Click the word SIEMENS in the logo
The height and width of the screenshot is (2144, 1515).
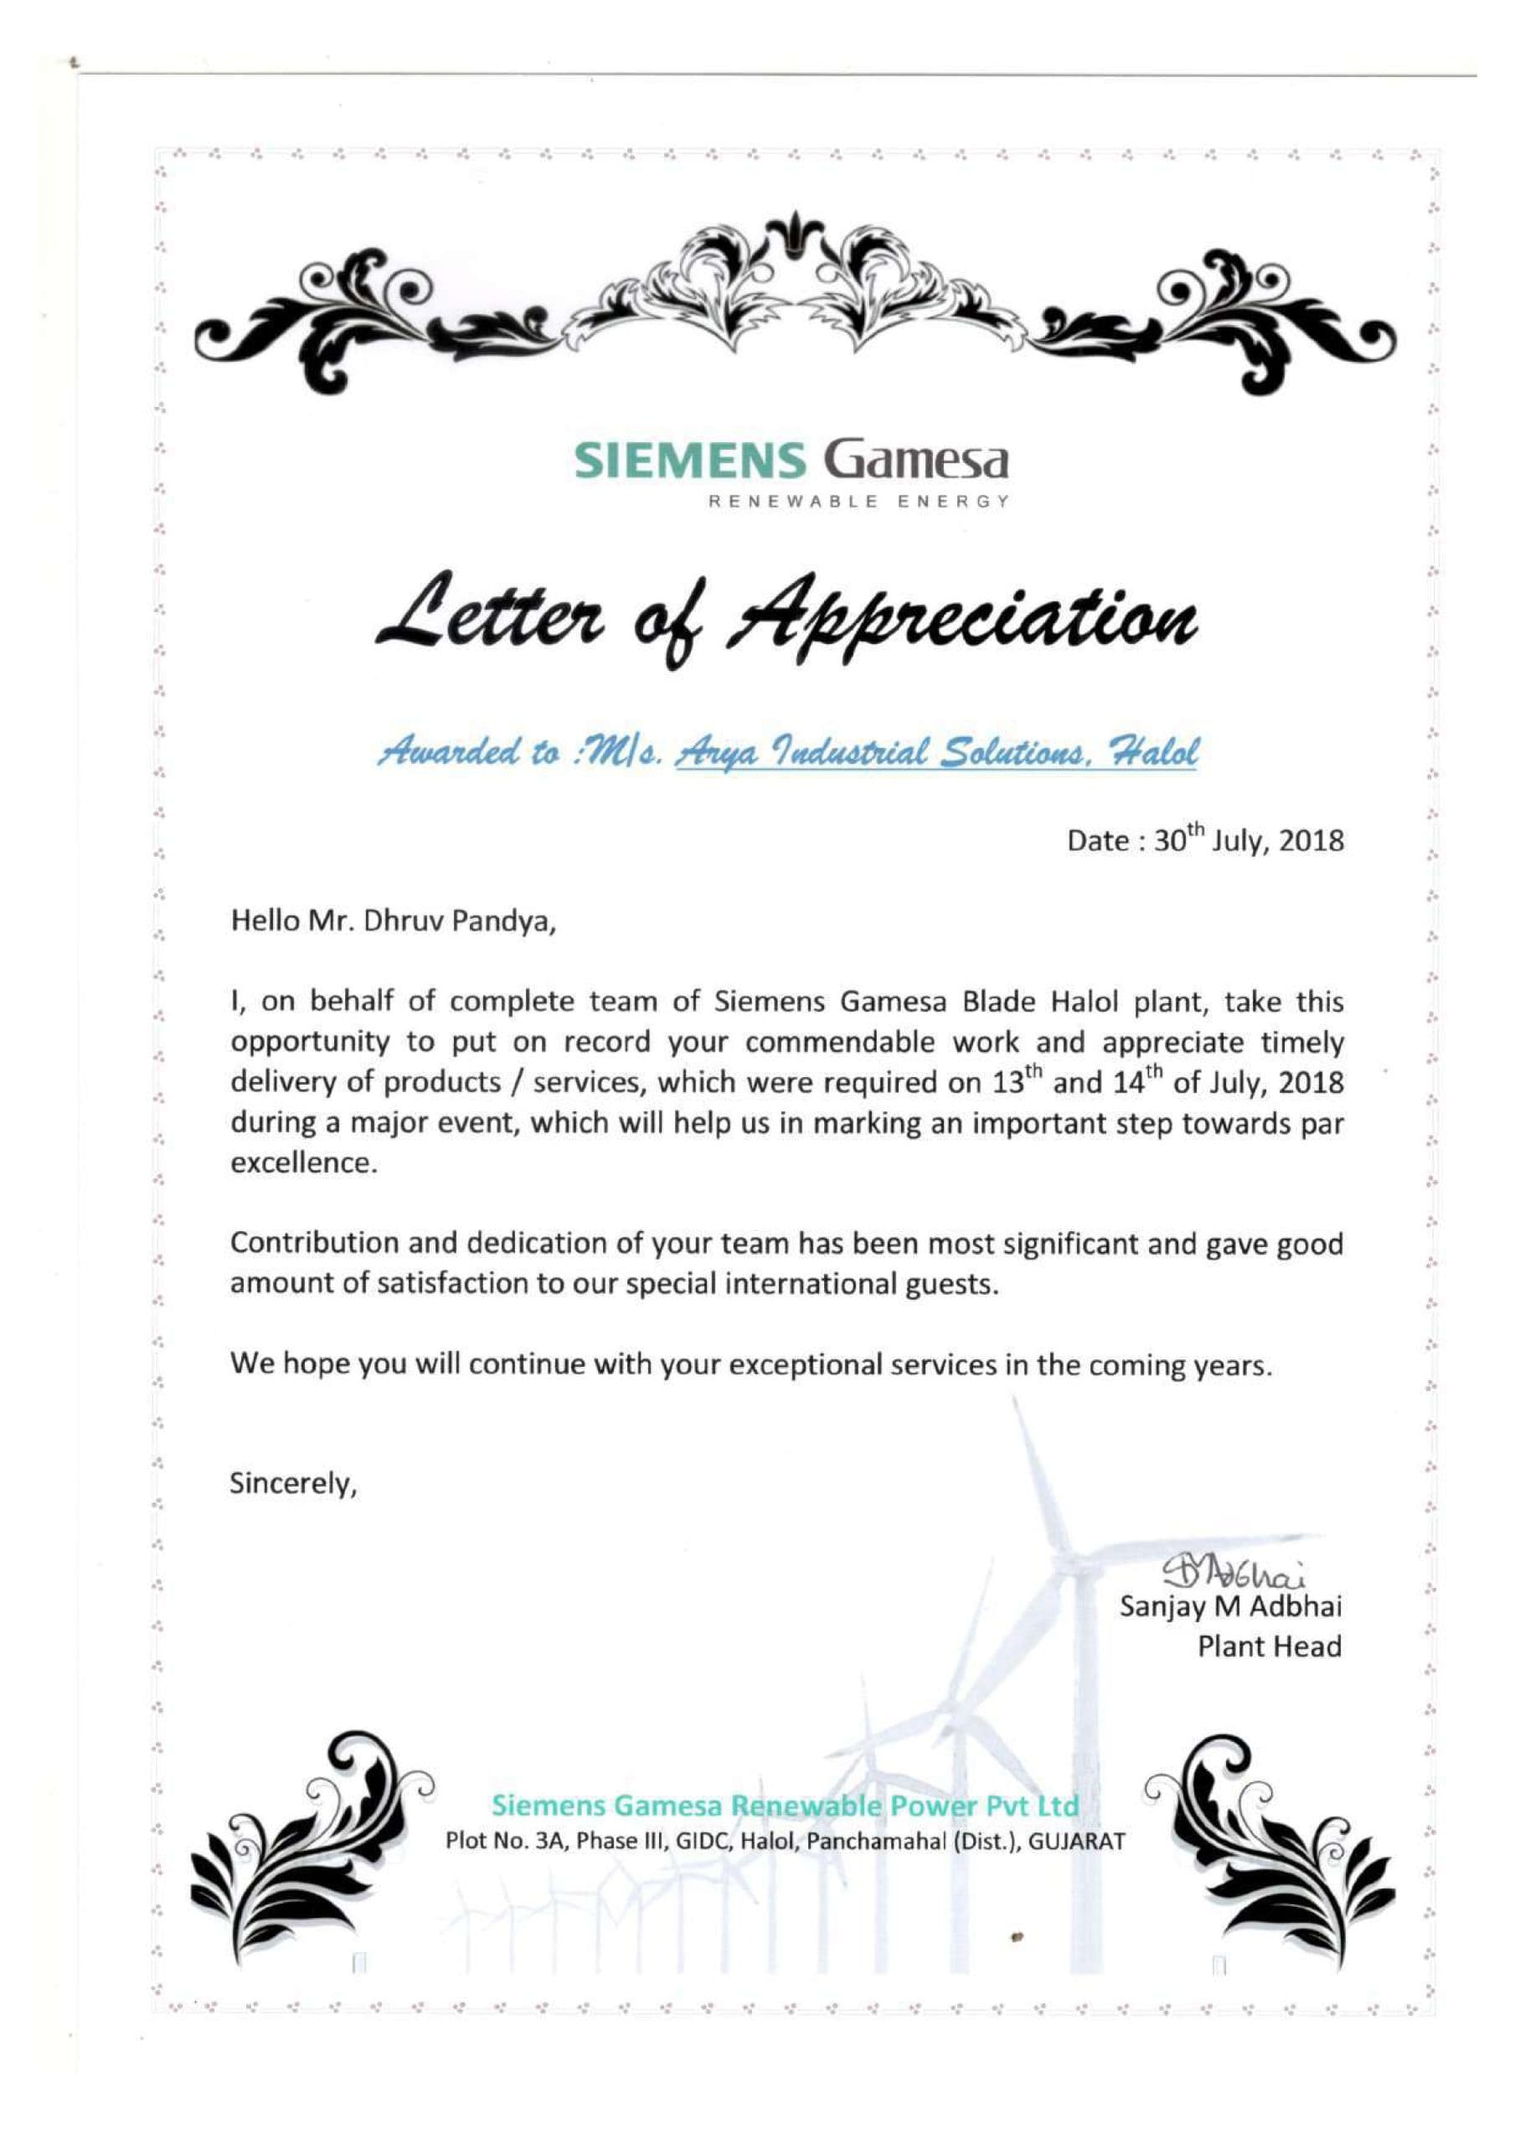click(689, 461)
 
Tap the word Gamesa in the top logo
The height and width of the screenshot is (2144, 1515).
click(915, 461)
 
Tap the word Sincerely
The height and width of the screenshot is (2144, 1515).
click(293, 1485)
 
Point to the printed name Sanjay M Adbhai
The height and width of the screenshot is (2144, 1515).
click(1231, 1607)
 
